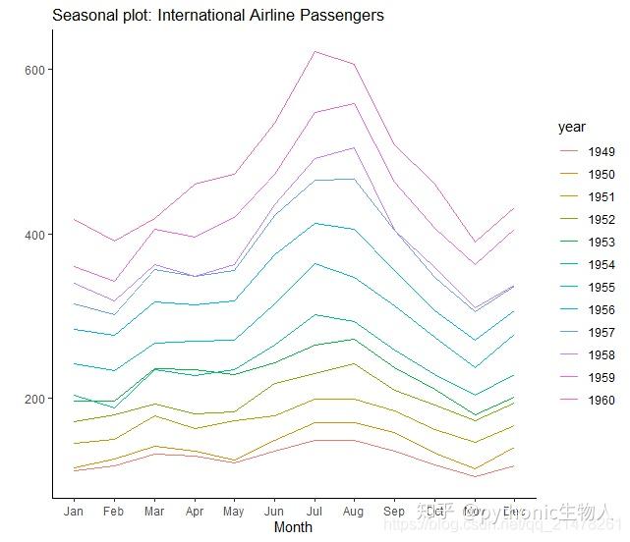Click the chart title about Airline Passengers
point(217,16)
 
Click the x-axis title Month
point(293,527)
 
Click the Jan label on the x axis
point(73,512)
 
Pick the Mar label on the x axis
point(153,512)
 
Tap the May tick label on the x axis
point(233,512)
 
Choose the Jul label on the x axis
point(314,512)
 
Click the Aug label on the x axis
point(354,512)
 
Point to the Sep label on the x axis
point(394,512)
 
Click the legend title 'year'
point(571,127)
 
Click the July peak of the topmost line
point(315,52)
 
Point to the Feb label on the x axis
point(113,512)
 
